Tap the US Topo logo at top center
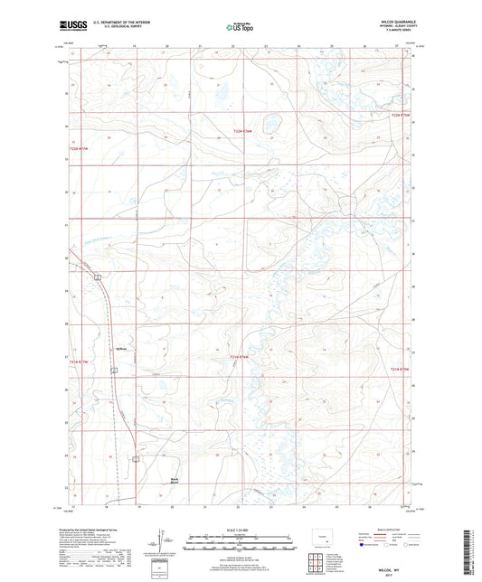(x=240, y=27)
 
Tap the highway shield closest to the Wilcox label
(x=113, y=371)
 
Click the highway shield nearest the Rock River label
(x=136, y=459)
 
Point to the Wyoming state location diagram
(x=318, y=540)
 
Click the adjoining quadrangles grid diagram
(x=319, y=564)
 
